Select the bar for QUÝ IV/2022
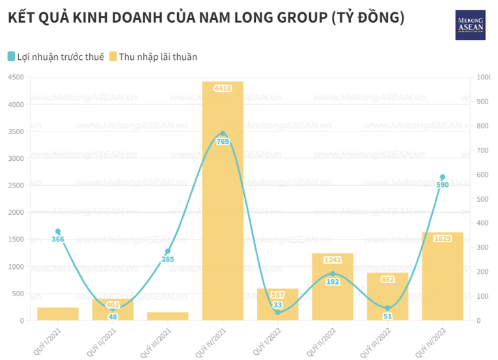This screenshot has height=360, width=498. point(443,277)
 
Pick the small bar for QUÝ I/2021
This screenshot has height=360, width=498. point(58,314)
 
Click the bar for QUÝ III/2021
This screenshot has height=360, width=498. point(168,316)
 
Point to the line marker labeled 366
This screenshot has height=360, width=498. point(58,232)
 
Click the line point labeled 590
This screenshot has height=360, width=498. point(443,177)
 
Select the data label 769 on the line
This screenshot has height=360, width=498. point(223,141)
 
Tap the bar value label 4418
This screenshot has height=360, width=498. point(223,88)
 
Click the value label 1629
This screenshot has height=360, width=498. point(443,239)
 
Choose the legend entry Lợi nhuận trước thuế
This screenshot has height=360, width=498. point(56,57)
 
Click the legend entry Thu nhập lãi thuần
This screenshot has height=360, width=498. point(153,57)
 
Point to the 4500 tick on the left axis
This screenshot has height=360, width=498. point(16,77)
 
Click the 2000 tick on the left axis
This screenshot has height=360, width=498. point(16,212)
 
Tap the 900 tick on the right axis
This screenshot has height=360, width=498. point(484,102)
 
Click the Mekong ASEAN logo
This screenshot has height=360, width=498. point(470,25)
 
